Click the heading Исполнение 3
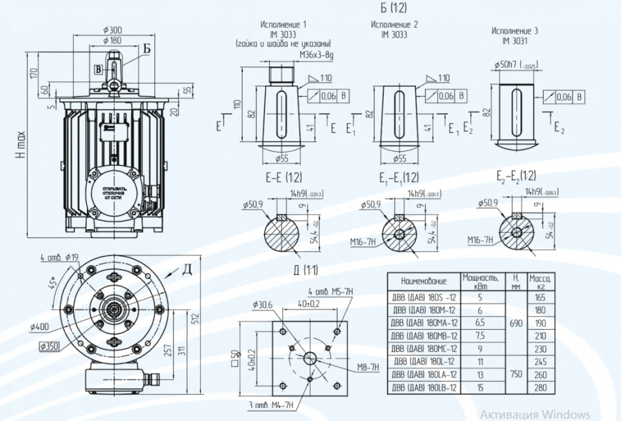[515, 31]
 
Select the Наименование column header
[424, 281]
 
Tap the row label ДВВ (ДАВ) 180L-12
[424, 361]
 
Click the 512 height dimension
[196, 317]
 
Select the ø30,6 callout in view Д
[263, 304]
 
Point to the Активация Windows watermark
[535, 414]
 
